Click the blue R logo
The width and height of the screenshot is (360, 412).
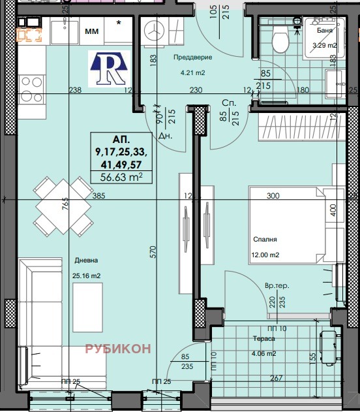coord(109,69)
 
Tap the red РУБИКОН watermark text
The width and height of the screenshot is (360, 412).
coord(118,349)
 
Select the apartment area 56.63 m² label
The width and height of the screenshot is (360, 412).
coord(121,177)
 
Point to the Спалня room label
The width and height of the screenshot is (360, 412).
coord(265,240)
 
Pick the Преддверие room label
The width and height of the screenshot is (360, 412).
coord(193,57)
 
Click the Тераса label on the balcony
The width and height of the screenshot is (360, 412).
coord(264,339)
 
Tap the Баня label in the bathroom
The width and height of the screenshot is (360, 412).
coord(325,30)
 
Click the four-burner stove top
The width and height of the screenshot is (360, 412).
coord(31,89)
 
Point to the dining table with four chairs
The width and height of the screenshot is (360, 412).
coord(63,206)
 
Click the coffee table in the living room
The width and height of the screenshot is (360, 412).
coord(87,308)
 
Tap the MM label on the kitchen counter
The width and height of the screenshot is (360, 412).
coord(92,31)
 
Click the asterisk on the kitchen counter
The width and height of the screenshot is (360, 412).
coord(119,23)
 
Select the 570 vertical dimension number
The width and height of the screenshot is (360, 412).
coord(153,252)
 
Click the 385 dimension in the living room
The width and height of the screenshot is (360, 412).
coord(98,196)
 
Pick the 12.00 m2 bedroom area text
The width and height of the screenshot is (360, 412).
coord(265,255)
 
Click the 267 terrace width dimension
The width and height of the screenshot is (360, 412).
coord(277,378)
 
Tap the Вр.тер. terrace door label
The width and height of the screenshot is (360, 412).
coord(277,285)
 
